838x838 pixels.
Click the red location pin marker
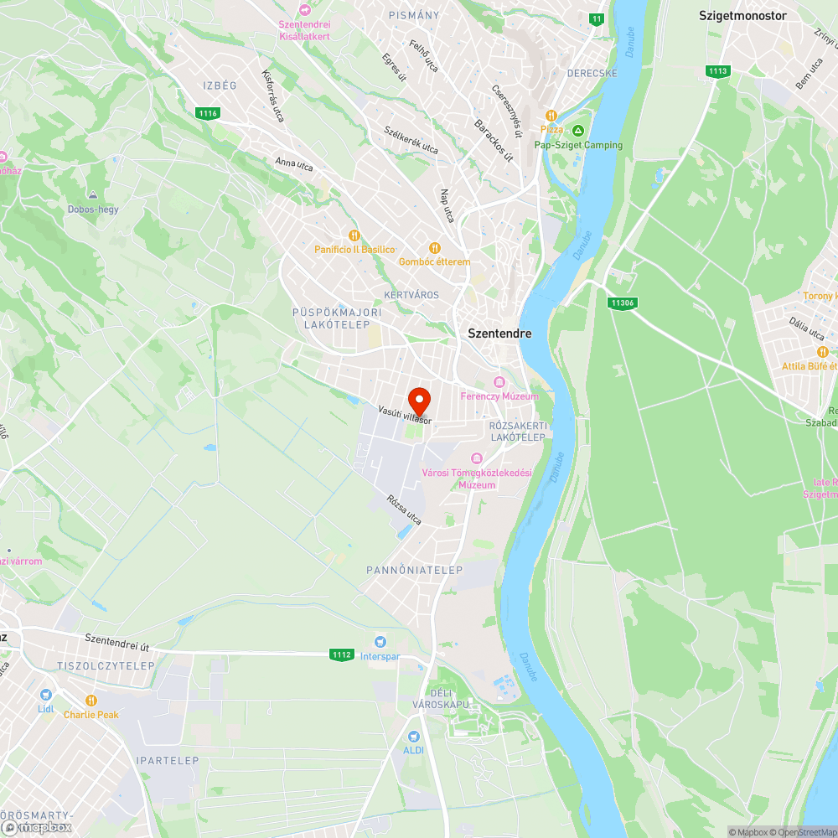pyautogui.click(x=419, y=400)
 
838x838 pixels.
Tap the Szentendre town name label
pyautogui.click(x=499, y=333)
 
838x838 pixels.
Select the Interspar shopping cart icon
pyautogui.click(x=381, y=641)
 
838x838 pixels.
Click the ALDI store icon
pyautogui.click(x=413, y=736)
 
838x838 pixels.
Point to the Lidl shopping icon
pyautogui.click(x=45, y=695)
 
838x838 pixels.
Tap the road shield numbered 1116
pyautogui.click(x=208, y=112)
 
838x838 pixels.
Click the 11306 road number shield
pyautogui.click(x=622, y=303)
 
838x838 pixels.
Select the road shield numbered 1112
pyautogui.click(x=341, y=654)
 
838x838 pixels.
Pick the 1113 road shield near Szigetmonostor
pyautogui.click(x=717, y=71)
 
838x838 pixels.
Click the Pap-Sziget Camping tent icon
pyautogui.click(x=578, y=131)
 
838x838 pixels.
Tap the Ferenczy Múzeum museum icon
pyautogui.click(x=500, y=382)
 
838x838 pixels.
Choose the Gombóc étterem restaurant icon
pyautogui.click(x=434, y=247)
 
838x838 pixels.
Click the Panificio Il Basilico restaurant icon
pyautogui.click(x=354, y=235)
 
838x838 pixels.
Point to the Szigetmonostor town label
pyautogui.click(x=742, y=15)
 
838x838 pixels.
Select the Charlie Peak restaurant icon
pyautogui.click(x=91, y=701)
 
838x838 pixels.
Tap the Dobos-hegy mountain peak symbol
pyautogui.click(x=93, y=194)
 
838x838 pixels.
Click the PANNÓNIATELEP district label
pyautogui.click(x=415, y=570)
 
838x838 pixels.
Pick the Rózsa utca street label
pyautogui.click(x=404, y=510)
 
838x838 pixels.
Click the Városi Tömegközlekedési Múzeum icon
pyautogui.click(x=477, y=458)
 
